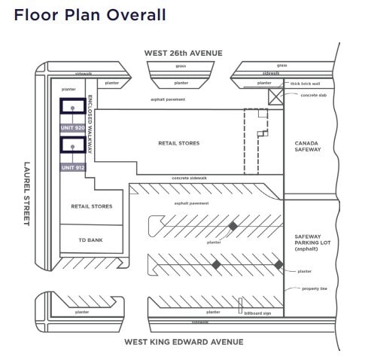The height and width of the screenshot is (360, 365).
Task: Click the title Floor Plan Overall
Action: [x=90, y=15]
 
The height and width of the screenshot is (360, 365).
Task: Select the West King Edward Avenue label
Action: [x=184, y=341]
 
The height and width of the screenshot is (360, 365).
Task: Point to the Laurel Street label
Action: [x=28, y=194]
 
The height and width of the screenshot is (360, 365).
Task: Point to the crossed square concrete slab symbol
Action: [x=275, y=97]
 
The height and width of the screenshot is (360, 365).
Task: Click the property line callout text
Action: [x=314, y=288]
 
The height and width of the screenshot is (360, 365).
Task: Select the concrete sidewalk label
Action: [x=190, y=178]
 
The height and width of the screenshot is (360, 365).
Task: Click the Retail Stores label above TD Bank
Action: [x=91, y=206]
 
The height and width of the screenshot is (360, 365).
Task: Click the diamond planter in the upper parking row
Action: [x=233, y=226]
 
